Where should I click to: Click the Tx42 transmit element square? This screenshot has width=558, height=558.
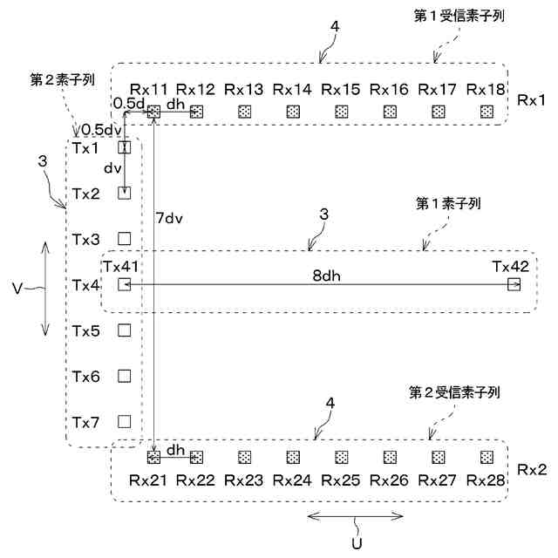coord(514,284)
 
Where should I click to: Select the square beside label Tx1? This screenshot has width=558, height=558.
coord(124,147)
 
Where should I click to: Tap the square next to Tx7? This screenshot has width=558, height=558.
coord(124,422)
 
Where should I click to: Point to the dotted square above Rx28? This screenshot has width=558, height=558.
coord(485,456)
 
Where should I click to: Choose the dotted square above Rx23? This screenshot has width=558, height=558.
coord(244,456)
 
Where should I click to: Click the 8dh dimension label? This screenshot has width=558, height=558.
coord(327,275)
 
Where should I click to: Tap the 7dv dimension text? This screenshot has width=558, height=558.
coord(171,217)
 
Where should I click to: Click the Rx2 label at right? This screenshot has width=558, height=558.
coord(531,469)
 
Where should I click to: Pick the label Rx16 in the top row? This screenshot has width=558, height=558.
coord(389,89)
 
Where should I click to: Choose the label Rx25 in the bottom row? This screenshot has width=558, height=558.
coord(340,480)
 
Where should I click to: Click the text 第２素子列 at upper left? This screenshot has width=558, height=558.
coord(62,78)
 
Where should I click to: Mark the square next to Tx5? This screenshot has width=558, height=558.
coord(124,330)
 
